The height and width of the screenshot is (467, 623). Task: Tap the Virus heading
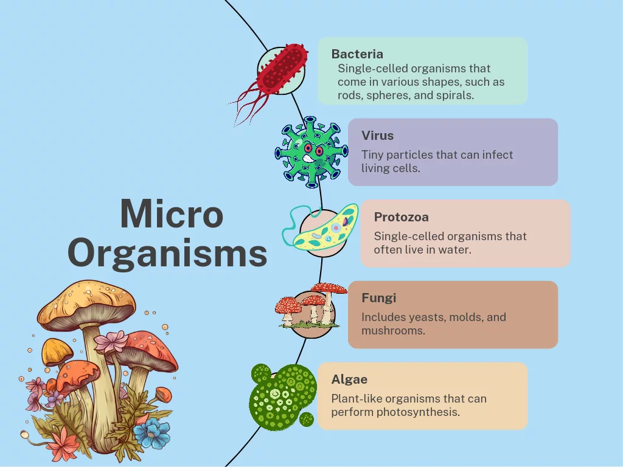click(x=377, y=136)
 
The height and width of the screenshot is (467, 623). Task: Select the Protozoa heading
click(x=402, y=217)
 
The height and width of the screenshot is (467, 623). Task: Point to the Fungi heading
click(x=378, y=298)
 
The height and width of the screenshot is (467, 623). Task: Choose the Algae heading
click(x=349, y=379)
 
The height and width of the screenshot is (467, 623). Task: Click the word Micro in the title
click(x=172, y=214)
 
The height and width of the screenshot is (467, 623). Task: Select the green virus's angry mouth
click(x=308, y=159)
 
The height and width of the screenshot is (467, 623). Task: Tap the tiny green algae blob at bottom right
click(x=307, y=420)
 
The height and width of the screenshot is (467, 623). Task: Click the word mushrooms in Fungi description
click(x=394, y=331)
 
